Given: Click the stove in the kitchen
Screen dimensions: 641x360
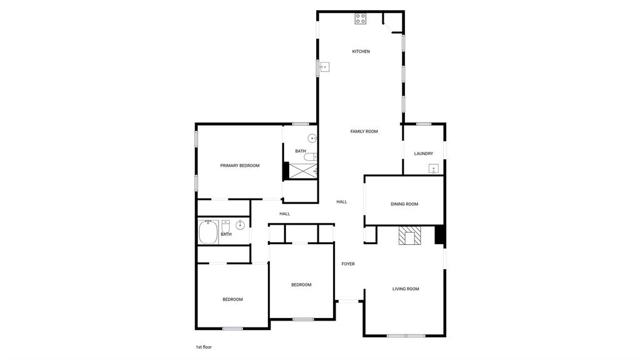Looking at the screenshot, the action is (360, 18).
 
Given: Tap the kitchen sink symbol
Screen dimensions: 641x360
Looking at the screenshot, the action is (325, 67).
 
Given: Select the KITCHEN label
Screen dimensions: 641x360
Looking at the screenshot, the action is (361, 51).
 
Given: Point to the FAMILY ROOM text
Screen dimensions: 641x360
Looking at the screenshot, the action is (364, 131).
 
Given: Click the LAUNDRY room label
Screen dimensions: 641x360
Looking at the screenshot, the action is (424, 154).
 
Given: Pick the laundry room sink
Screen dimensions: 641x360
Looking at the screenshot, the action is (433, 169).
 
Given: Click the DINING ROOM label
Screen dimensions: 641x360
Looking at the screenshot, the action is (404, 204).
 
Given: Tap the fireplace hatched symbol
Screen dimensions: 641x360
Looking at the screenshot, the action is (409, 235).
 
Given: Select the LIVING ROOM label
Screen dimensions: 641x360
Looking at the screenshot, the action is (406, 289).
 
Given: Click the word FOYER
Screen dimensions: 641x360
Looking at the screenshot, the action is (348, 264).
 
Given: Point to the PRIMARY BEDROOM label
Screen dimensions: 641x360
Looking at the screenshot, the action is (240, 166).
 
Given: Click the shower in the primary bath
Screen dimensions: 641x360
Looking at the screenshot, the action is (304, 171).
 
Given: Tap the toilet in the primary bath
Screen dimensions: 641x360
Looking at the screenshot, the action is (310, 157).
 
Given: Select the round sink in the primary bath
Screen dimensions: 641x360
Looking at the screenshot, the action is (312, 139).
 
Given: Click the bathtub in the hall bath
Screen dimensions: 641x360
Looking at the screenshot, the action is (208, 232).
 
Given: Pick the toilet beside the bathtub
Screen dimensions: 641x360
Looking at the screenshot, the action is (225, 226).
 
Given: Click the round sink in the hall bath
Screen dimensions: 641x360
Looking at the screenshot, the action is (240, 225).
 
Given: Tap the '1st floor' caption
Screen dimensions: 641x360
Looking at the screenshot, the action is (203, 347).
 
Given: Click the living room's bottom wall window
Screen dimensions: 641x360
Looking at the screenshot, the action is (406, 336).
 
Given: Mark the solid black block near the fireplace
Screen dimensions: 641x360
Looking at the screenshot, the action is (439, 235).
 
